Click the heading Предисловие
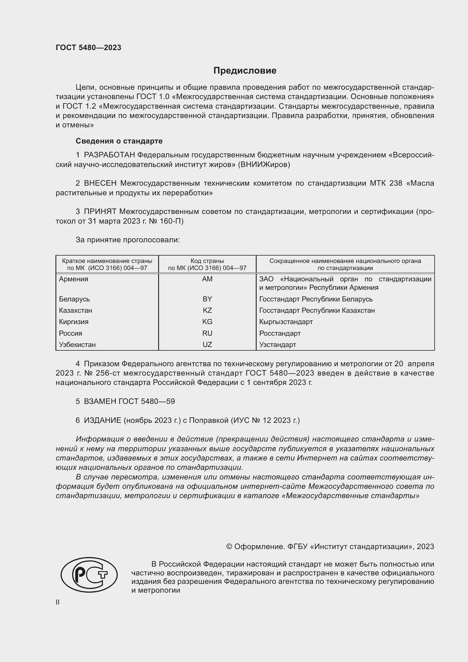click(x=245, y=71)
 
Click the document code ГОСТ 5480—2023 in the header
click(x=89, y=48)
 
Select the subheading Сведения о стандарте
click(x=119, y=141)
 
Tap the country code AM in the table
click(x=207, y=279)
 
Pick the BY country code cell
click(x=207, y=299)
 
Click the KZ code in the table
click(x=207, y=310)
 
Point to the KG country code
click(x=207, y=322)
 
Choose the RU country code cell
click(x=207, y=333)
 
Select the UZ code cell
click(x=207, y=344)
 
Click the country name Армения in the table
click(x=74, y=279)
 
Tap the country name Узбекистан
click(x=77, y=344)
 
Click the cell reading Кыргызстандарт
click(x=286, y=322)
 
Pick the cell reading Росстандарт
click(x=280, y=333)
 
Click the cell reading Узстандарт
click(x=278, y=344)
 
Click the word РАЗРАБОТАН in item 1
click(x=109, y=155)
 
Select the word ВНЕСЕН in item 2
click(x=100, y=183)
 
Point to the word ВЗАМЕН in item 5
click(x=100, y=401)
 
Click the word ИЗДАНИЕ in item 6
click(x=102, y=420)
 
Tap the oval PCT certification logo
click(x=89, y=575)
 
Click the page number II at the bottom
click(x=58, y=602)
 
